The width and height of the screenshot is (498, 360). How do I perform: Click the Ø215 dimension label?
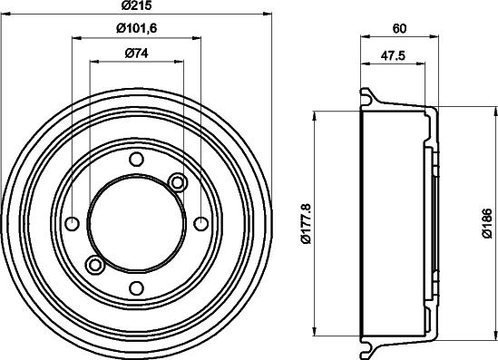[137, 5]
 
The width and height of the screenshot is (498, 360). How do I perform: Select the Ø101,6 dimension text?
[137, 29]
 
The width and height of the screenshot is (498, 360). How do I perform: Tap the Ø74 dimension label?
[137, 53]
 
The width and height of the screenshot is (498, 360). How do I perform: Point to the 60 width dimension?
[399, 29]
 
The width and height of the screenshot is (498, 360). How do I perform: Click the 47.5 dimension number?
[393, 55]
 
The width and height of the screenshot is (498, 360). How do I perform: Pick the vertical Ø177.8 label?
[307, 224]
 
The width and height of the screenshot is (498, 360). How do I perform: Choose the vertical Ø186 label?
[487, 223]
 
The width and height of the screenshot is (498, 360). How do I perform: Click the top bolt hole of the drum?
[137, 159]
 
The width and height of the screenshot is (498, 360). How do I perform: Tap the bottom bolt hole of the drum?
[137, 288]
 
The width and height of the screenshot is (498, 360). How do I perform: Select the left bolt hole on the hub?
[72, 223]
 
